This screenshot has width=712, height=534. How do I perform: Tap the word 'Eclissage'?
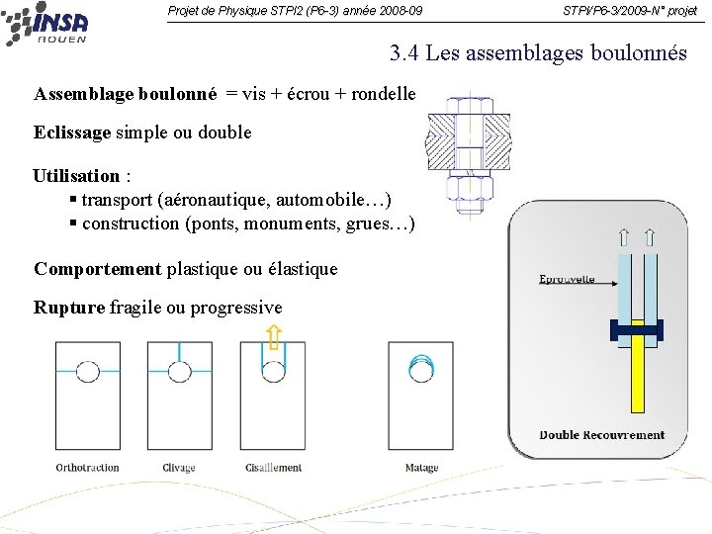[x=72, y=132]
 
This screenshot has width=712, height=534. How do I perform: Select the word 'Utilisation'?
[x=76, y=176]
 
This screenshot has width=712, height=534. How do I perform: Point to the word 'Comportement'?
[x=98, y=268]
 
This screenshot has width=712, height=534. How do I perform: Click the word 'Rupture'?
[x=68, y=308]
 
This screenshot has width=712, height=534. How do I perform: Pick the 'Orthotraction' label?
[x=87, y=468]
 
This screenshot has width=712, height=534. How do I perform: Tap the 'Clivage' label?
[x=179, y=468]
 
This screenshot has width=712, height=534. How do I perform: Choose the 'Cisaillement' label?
[x=274, y=468]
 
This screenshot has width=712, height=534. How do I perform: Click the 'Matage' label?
[x=421, y=468]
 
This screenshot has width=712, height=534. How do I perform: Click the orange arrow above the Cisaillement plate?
[x=274, y=335]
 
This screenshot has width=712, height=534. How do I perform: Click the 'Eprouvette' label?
[x=567, y=280]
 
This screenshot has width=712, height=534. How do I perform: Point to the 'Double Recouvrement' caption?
[x=601, y=435]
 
